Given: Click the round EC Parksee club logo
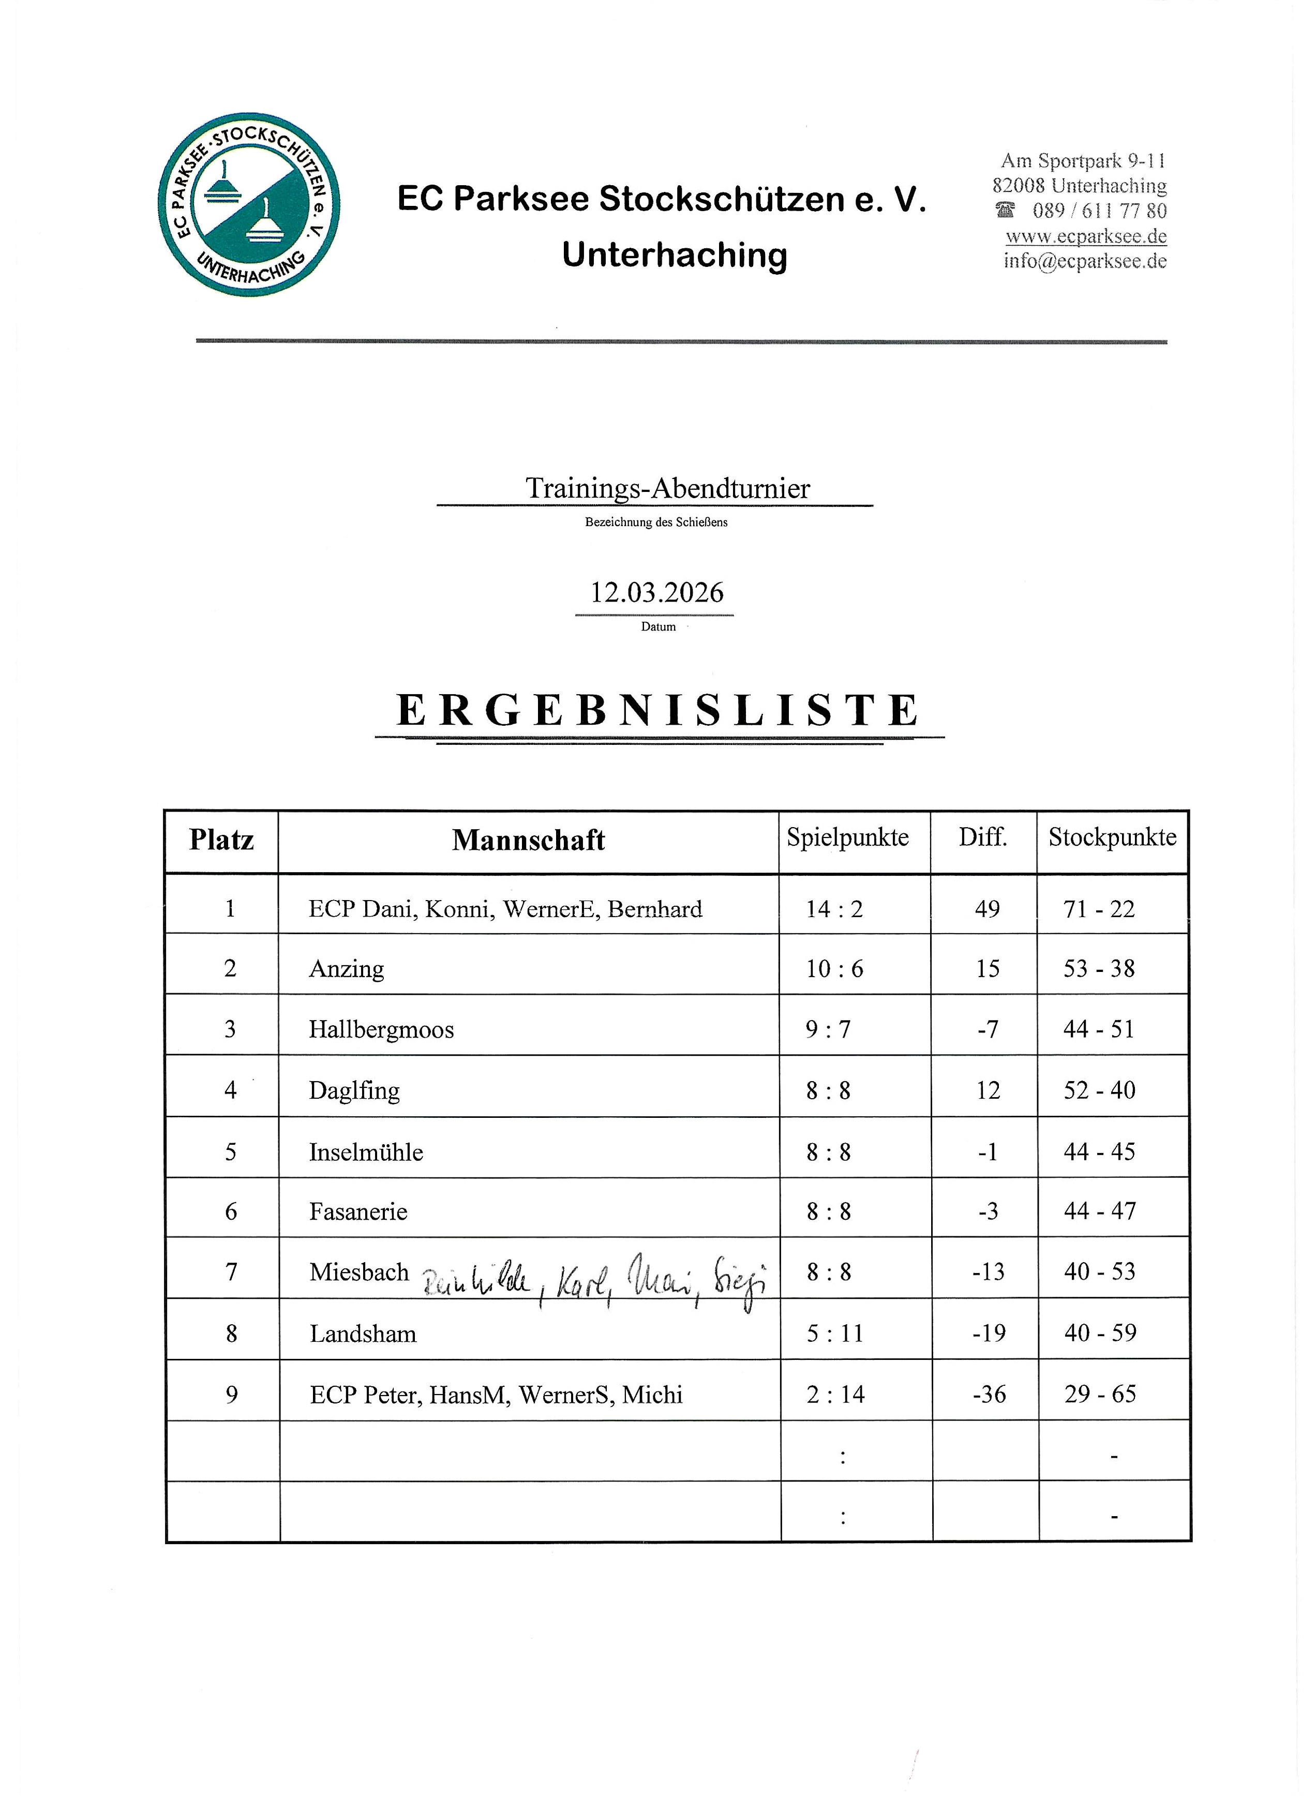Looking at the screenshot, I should [249, 205].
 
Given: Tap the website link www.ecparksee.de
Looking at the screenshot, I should [1086, 236].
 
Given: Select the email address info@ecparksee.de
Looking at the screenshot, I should [1085, 261].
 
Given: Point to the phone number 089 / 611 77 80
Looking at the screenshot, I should [1099, 211].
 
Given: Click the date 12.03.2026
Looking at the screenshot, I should [656, 593].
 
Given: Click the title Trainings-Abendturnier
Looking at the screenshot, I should [667, 488].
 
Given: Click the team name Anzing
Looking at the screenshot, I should [347, 969].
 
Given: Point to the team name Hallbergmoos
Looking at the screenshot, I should [382, 1030].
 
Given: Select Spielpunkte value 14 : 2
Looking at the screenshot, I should [834, 909].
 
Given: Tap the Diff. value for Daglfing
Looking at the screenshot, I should [988, 1090].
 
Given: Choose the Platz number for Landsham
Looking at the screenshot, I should [231, 1333].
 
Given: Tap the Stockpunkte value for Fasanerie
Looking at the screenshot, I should [1099, 1211].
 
